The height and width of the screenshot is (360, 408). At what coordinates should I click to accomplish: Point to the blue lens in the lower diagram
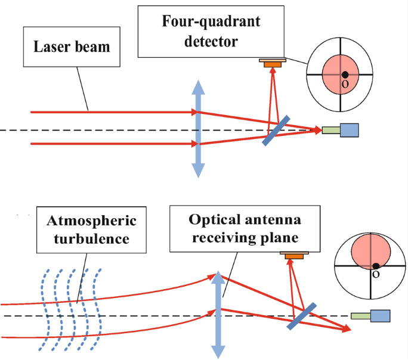218,313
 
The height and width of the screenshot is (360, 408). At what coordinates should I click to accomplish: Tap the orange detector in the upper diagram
273,63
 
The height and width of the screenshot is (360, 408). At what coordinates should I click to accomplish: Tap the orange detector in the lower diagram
293,256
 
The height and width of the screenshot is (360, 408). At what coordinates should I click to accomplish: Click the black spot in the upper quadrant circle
345,75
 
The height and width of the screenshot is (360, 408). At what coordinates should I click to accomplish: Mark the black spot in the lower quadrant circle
376,266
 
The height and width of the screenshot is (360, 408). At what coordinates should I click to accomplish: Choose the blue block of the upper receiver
350,130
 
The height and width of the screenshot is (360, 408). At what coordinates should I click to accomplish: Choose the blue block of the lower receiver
381,316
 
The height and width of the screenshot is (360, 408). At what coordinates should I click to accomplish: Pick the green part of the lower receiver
361,316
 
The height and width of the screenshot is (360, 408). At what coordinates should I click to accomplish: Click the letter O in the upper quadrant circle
344,85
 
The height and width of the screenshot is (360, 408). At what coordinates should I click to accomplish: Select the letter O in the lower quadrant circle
376,275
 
